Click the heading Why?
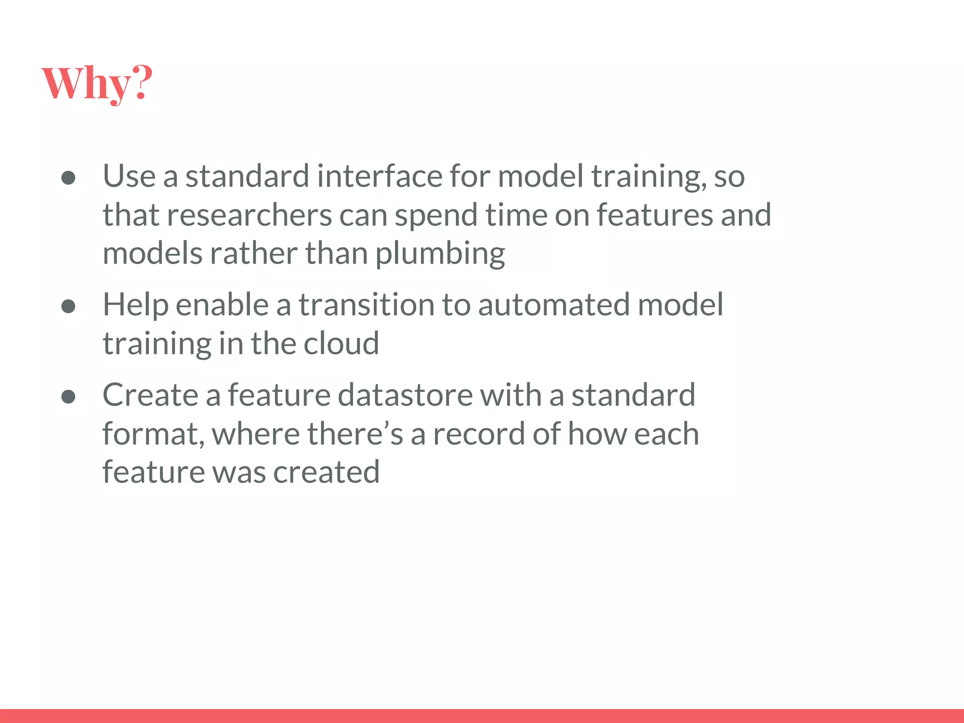coord(97,83)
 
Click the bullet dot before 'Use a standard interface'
coord(69,178)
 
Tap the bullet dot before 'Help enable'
coord(69,306)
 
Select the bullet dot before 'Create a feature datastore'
coord(69,396)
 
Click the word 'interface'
coord(379,176)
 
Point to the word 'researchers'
coord(249,215)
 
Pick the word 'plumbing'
coord(440,254)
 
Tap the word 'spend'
coord(436,216)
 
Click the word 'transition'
coord(367,305)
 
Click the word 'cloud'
coord(341,344)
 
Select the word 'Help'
coord(136,305)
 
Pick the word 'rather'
coord(253,254)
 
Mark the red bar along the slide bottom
coord(482,715)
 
